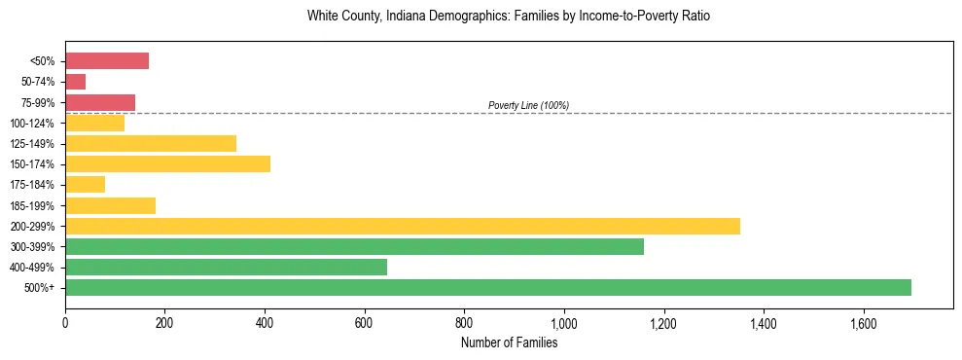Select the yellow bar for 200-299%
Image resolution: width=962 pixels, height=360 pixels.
tap(403, 226)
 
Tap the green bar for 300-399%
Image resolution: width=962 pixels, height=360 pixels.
tap(354, 246)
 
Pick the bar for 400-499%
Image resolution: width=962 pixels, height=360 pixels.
tap(226, 267)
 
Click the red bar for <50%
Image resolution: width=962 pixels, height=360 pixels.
tap(107, 61)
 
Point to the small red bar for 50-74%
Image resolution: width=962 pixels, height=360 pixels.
tap(76, 82)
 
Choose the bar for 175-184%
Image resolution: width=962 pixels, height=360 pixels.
tap(85, 184)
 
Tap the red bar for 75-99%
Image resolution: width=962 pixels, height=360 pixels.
tap(100, 102)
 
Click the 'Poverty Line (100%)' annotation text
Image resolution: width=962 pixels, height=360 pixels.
tap(528, 105)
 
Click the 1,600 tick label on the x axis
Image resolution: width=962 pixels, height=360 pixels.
tap(863, 321)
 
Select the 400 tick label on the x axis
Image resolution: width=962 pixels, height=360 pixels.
tap(265, 321)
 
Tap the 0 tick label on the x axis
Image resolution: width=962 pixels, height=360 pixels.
tap(65, 321)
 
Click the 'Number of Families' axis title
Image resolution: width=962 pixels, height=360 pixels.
tap(509, 342)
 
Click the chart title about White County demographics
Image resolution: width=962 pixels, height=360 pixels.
tap(509, 17)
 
